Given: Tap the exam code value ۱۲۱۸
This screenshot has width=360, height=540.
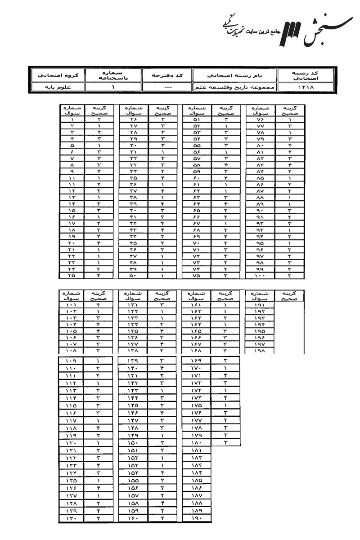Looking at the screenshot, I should click(x=306, y=87).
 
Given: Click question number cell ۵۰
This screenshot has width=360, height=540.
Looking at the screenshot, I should click(x=134, y=274).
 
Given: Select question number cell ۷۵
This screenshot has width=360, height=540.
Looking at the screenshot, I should click(x=197, y=274).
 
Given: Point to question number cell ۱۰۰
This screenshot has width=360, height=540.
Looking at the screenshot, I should click(x=260, y=274).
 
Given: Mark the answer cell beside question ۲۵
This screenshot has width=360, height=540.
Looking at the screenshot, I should click(x=98, y=274).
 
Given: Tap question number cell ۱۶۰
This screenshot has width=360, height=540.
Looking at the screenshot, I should click(x=134, y=519).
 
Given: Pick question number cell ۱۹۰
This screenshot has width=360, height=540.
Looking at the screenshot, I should click(x=197, y=519).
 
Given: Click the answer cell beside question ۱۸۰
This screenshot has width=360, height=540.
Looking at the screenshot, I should click(x=225, y=443).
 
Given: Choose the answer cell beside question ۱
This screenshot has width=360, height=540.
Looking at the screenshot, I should click(x=98, y=120).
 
